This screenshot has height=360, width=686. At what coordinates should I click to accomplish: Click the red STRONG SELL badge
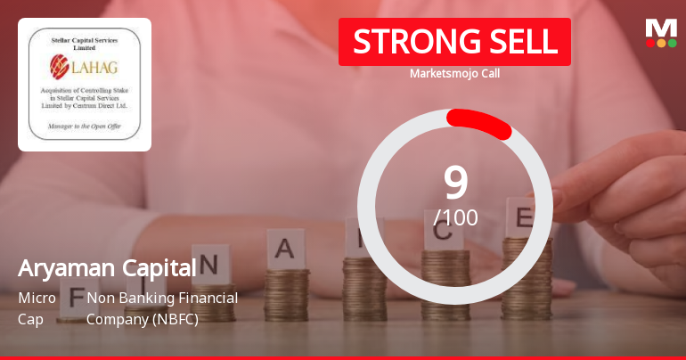pyautogui.click(x=454, y=42)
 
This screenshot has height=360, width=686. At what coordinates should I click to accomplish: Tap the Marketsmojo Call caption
pyautogui.click(x=454, y=73)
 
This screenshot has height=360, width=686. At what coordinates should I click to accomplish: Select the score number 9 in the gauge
pyautogui.click(x=455, y=182)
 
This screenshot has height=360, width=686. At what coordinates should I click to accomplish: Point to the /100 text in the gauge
pyautogui.click(x=455, y=217)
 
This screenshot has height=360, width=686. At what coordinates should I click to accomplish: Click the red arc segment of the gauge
pyautogui.click(x=479, y=123)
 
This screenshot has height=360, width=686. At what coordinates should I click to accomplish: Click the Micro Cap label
pyautogui.click(x=37, y=307)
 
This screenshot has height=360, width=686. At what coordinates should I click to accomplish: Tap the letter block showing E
pyautogui.click(x=525, y=217)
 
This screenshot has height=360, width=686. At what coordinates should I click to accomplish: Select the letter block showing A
pyautogui.click(x=285, y=249)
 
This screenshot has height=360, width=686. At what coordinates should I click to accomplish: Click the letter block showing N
pyautogui.click(x=209, y=264)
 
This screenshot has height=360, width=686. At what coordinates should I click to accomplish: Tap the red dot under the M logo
pyautogui.click(x=650, y=43)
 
